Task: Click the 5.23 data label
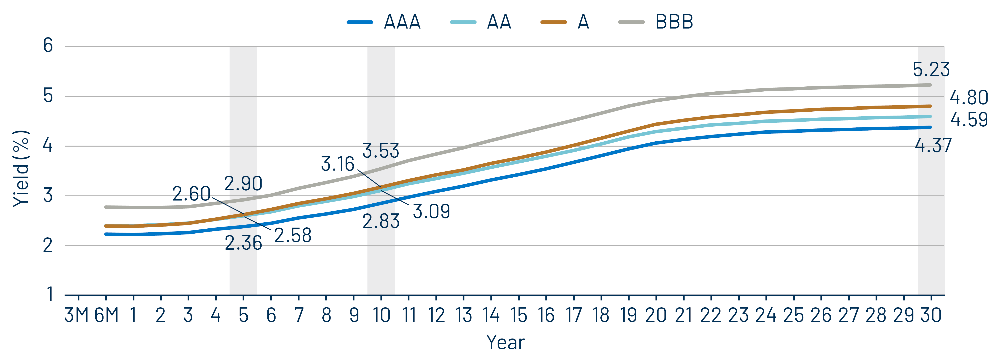(x=931, y=70)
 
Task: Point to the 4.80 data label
(x=969, y=98)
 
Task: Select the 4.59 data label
(x=969, y=120)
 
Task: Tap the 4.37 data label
(x=933, y=146)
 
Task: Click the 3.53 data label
(x=380, y=151)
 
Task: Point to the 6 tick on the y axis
(x=48, y=46)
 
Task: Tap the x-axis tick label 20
(x=656, y=315)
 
